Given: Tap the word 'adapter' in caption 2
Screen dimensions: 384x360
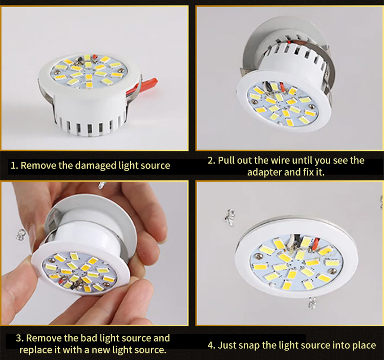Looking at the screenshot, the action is click(265, 173).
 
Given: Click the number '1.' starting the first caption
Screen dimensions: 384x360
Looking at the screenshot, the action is click(14, 166).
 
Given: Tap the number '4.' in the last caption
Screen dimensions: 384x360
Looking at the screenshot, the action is click(211, 345).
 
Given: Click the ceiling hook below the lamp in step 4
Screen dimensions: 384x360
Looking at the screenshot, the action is click(312, 303).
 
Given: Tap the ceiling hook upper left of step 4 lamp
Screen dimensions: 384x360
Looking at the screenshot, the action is click(229, 217).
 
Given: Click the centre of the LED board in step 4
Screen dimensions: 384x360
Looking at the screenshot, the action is click(296, 263).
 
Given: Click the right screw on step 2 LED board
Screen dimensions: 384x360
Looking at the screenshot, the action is click(312, 107).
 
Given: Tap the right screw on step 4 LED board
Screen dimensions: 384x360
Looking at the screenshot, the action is click(332, 271).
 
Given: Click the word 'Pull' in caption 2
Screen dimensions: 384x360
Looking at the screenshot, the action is click(226, 161).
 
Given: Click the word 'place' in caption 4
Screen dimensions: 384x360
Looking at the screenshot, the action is click(364, 346).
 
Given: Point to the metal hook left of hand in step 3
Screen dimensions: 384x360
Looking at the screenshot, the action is click(20, 234).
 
